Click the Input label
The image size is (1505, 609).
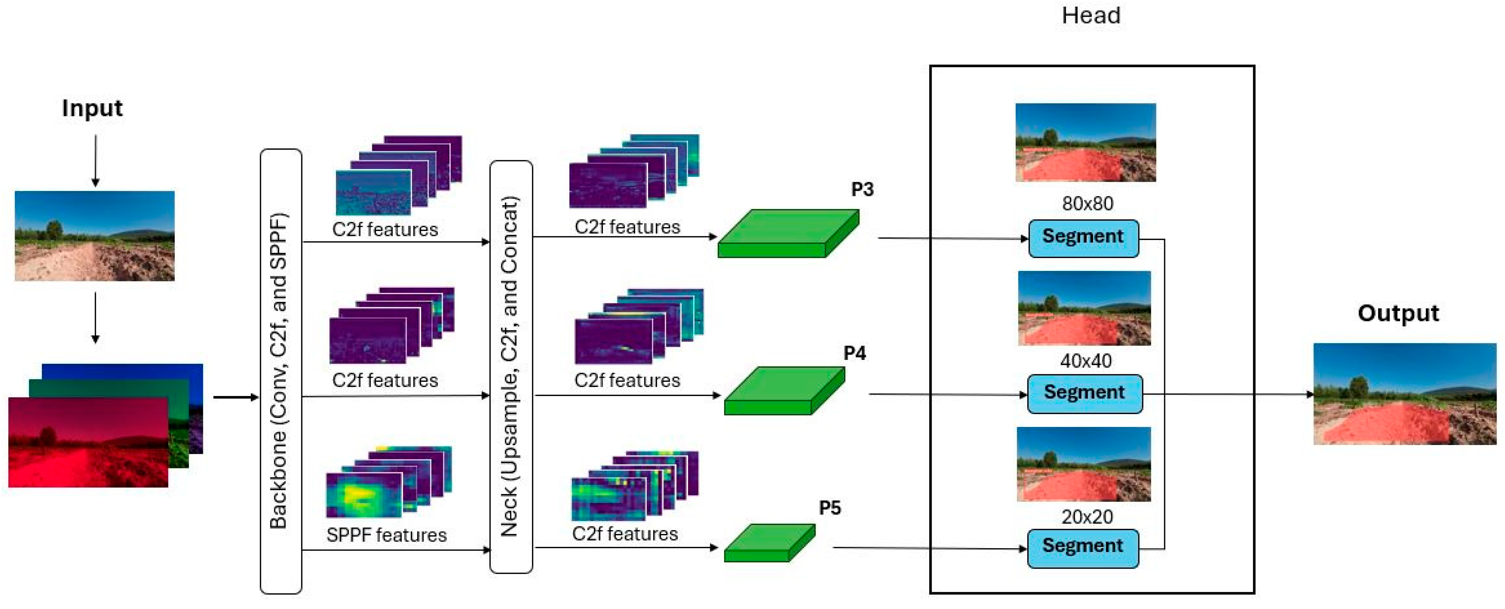click(x=92, y=109)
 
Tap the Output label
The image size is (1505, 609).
click(x=1398, y=314)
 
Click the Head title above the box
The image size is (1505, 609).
click(x=1091, y=16)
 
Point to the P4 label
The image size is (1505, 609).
click(x=854, y=353)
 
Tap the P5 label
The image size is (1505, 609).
click(x=829, y=508)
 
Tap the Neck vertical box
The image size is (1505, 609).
click(x=510, y=367)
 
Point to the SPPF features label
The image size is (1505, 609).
click(x=386, y=535)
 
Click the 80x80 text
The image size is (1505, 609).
click(x=1087, y=204)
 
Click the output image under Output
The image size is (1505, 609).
click(x=1405, y=394)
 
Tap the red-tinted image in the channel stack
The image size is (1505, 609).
click(x=88, y=442)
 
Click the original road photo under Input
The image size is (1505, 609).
click(x=95, y=236)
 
